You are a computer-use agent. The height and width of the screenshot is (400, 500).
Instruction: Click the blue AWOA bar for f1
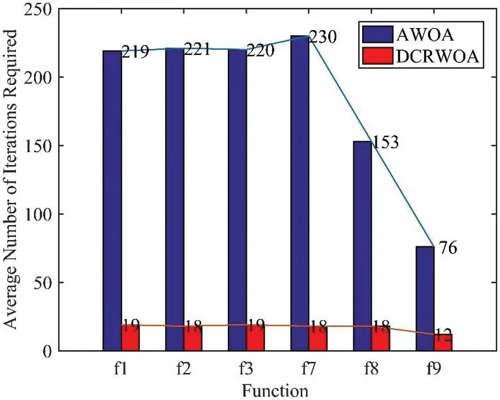click(113, 200)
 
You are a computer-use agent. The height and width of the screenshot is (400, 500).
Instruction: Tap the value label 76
click(447, 248)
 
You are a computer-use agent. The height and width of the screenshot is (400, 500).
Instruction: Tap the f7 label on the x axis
click(308, 367)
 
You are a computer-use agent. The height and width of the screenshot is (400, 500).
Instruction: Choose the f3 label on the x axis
click(246, 367)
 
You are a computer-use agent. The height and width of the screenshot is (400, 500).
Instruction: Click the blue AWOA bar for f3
click(237, 200)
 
